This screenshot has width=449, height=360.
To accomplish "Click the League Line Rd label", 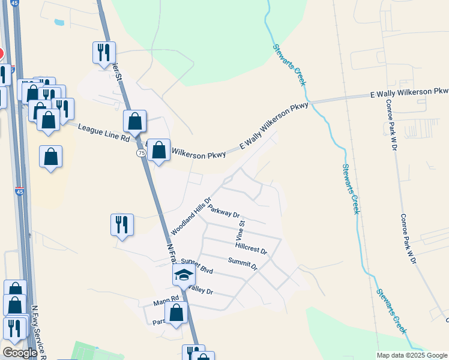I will [x=104, y=133].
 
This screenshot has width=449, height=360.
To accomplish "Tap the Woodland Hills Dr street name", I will [x=191, y=217].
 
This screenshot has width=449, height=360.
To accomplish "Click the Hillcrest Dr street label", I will [x=250, y=247].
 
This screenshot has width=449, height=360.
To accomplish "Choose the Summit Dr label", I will [x=243, y=263].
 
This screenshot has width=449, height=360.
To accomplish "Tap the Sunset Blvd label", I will [x=197, y=265].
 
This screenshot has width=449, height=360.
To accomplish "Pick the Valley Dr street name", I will [x=200, y=290].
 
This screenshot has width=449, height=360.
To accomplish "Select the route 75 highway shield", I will [x=140, y=153].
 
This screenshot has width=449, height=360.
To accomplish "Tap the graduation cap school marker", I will [x=184, y=275].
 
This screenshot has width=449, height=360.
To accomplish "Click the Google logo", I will [x=19, y=353].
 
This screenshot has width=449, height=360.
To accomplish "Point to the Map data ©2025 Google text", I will [x=411, y=355].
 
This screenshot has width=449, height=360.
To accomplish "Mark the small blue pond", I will [x=59, y=23].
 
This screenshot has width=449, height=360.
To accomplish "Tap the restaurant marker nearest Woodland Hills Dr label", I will [x=122, y=224].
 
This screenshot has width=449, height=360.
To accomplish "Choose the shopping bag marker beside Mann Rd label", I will [x=176, y=313].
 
